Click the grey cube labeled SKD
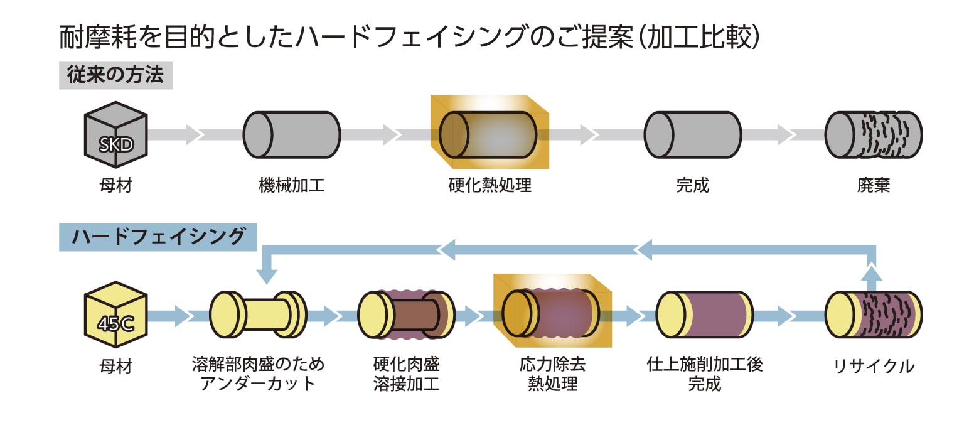tap(116, 135)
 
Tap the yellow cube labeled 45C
tap(116, 314)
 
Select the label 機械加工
tap(292, 186)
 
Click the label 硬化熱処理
tap(490, 186)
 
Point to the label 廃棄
tap(873, 186)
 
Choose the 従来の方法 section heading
tap(115, 76)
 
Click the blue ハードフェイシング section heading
tap(158, 237)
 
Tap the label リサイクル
tap(873, 367)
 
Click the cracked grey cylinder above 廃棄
tap(873, 134)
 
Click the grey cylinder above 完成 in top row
tap(692, 134)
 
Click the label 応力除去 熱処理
tap(552, 374)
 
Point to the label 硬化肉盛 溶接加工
tap(406, 374)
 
